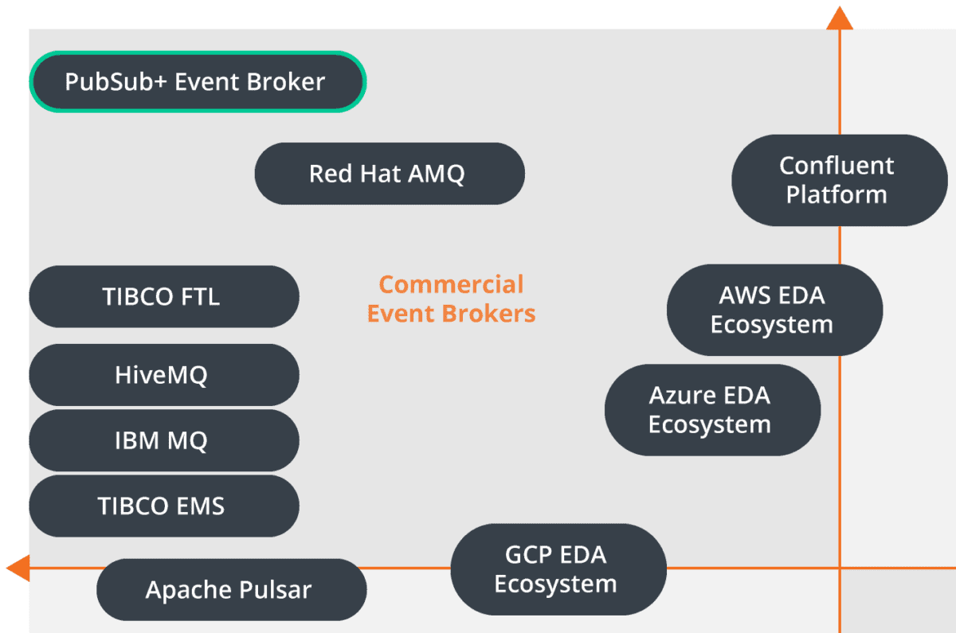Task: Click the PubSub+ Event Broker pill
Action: pos(197,81)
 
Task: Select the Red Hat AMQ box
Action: pos(389,174)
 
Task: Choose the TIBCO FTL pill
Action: pos(163,296)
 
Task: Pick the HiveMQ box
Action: pos(163,374)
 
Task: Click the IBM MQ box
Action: pos(163,440)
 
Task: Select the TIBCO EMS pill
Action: pos(163,506)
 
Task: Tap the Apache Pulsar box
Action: pos(231,590)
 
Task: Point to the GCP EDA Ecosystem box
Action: pos(558,569)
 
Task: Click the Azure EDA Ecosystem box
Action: pos(711,409)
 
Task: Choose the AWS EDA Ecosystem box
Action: pos(774,310)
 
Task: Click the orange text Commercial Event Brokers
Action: pos(451,299)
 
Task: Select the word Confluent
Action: pos(836,166)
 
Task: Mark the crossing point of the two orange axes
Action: pos(839,568)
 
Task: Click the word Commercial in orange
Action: pos(451,284)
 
